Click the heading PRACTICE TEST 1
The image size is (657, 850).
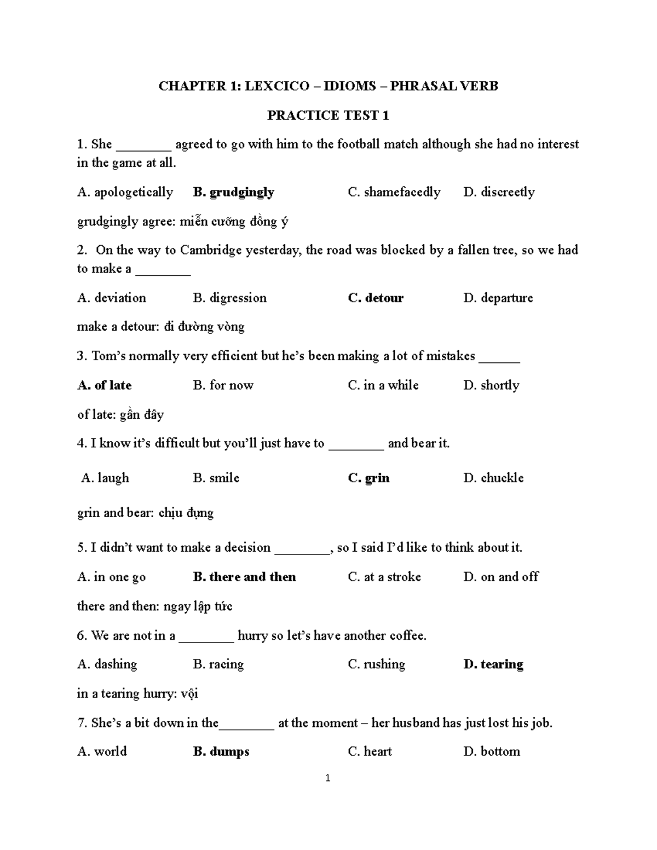click(x=328, y=115)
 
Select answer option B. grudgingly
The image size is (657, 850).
click(x=234, y=192)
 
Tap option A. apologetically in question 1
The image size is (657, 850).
click(x=125, y=192)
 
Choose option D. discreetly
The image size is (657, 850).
click(x=499, y=192)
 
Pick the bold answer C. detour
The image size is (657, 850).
click(x=376, y=298)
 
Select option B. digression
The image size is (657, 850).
click(x=230, y=298)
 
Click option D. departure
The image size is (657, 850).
click(x=498, y=298)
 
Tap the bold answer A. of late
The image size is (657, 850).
click(x=105, y=385)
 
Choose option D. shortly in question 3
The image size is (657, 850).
click(x=491, y=385)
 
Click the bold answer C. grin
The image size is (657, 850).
click(x=368, y=478)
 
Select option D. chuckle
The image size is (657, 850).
click(x=493, y=478)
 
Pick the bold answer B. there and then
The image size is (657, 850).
click(x=244, y=577)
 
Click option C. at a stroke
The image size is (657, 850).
click(x=384, y=577)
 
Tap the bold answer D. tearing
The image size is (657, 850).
click(x=493, y=664)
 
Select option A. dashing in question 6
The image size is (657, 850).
click(x=107, y=664)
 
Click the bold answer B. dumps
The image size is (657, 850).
click(x=221, y=751)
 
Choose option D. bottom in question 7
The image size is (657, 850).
click(x=492, y=751)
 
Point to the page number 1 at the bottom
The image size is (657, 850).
click(x=327, y=778)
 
